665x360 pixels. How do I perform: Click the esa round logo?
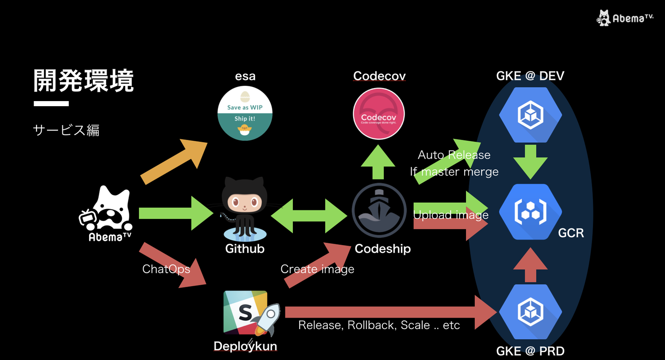[245, 113]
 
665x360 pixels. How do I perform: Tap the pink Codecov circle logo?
[379, 114]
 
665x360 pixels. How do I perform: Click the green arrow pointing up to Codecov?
[378, 162]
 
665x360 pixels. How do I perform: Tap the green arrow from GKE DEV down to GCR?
[530, 162]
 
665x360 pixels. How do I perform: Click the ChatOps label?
[166, 269]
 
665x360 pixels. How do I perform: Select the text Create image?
[317, 269]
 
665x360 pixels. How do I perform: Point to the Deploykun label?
[245, 346]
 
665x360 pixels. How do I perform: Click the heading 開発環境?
[84, 81]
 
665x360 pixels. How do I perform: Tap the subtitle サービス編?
[66, 131]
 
